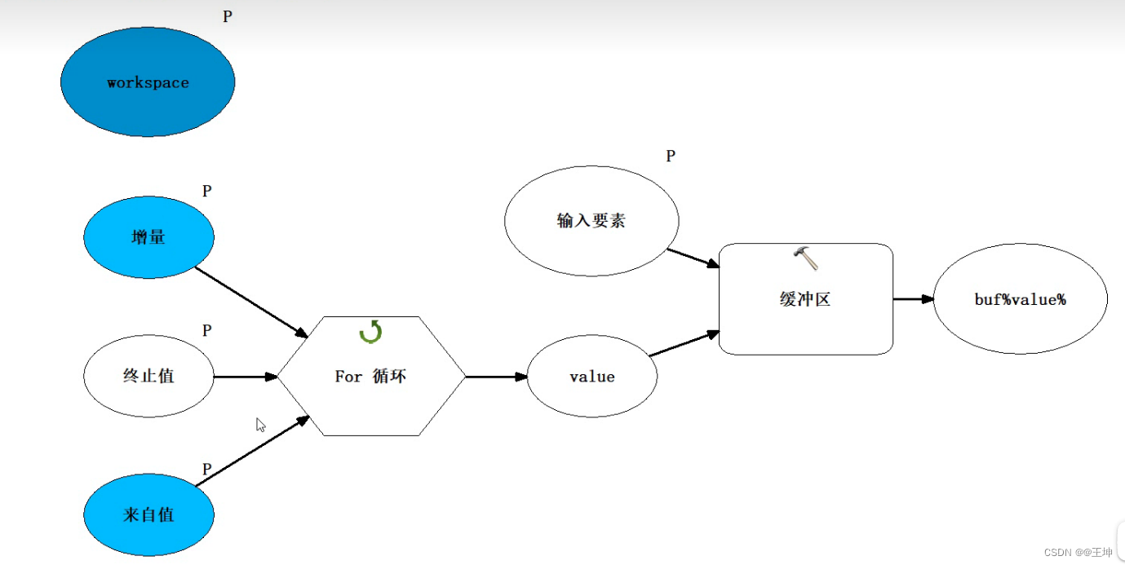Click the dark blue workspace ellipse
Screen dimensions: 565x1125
coord(148,82)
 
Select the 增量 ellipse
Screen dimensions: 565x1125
coord(148,237)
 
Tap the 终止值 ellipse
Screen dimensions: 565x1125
coord(148,377)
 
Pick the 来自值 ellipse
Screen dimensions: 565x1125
coord(148,515)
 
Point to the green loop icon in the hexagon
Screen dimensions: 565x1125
coord(371,332)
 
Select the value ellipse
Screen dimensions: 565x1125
coord(592,377)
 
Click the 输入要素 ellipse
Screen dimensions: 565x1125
coord(591,221)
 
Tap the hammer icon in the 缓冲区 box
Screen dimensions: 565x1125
coord(806,258)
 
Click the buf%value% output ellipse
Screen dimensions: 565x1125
coord(1020,299)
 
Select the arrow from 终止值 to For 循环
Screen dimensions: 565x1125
coord(245,377)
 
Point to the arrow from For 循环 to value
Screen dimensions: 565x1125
coord(496,377)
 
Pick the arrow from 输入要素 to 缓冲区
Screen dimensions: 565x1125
coord(693,258)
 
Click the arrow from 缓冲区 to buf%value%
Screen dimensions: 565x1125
coord(913,299)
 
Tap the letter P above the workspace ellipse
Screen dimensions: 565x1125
coord(228,16)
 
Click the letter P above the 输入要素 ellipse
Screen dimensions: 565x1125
coord(671,156)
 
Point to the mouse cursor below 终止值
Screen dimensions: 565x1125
coord(260,425)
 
